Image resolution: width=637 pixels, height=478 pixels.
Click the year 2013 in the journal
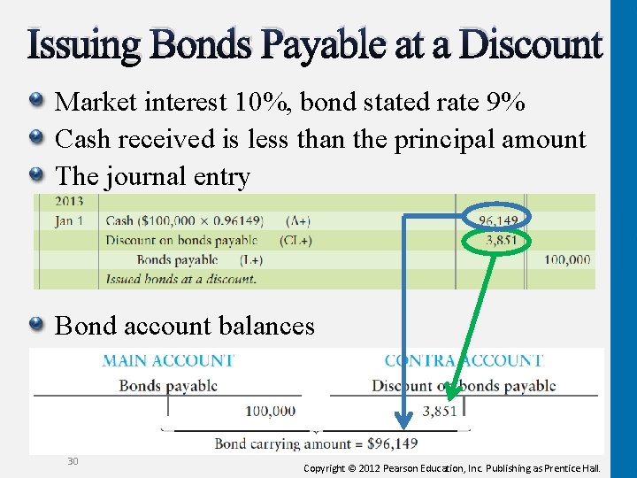pyautogui.click(x=69, y=203)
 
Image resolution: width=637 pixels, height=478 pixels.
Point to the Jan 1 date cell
pyautogui.click(x=70, y=220)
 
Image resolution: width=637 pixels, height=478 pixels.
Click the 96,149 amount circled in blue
pyautogui.click(x=497, y=220)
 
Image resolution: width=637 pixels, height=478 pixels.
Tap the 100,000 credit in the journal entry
pyautogui.click(x=567, y=259)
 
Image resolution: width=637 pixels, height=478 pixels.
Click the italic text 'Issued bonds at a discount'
pyautogui.click(x=180, y=279)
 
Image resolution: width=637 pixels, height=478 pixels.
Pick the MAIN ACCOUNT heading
pyautogui.click(x=168, y=361)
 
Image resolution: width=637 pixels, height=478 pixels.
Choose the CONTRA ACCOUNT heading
pyautogui.click(x=464, y=361)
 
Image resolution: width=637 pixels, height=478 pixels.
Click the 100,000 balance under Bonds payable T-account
pyautogui.click(x=270, y=411)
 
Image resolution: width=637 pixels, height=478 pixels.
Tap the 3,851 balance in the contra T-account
pyautogui.click(x=440, y=411)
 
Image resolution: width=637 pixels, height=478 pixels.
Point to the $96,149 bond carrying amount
pyautogui.click(x=391, y=443)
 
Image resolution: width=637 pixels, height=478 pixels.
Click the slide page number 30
pyautogui.click(x=73, y=461)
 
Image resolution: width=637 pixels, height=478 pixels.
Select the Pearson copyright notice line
pyautogui.click(x=451, y=467)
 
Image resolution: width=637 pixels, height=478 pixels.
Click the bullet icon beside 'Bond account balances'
pyautogui.click(x=37, y=326)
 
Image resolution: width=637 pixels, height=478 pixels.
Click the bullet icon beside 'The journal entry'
pyautogui.click(x=37, y=175)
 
